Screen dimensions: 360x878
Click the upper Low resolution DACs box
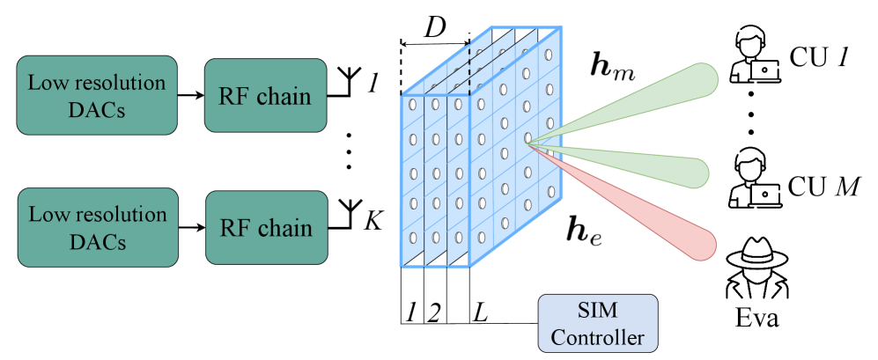tap(97, 95)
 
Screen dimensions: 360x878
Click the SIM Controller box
tap(598, 323)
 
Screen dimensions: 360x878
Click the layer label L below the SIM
tap(480, 312)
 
